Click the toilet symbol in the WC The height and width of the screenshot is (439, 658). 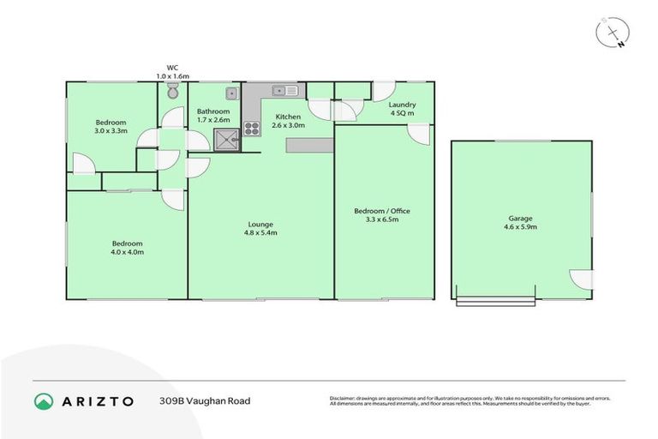pos(172,90)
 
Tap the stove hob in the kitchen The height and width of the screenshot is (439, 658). pos(252,129)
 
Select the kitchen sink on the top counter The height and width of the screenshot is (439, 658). pos(284,90)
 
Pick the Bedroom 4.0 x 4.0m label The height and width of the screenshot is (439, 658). pos(126,247)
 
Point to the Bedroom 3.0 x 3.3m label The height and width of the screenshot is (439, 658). pos(111,127)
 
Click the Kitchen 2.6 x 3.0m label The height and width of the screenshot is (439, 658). pos(287,121)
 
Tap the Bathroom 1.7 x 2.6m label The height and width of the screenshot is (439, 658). pos(212,116)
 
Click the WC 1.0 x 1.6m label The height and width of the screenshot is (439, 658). pos(172,69)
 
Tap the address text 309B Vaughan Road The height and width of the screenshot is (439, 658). pos(204,400)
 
